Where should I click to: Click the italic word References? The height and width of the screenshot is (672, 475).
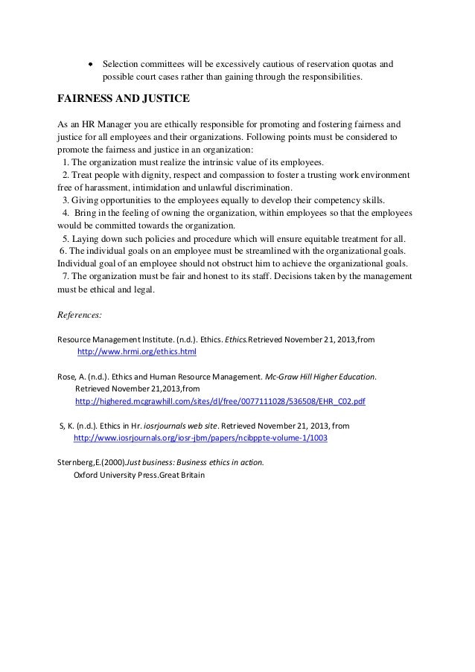point(80,314)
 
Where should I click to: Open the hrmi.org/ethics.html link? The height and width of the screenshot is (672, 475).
point(137,351)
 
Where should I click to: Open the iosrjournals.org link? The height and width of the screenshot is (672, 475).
point(200,438)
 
